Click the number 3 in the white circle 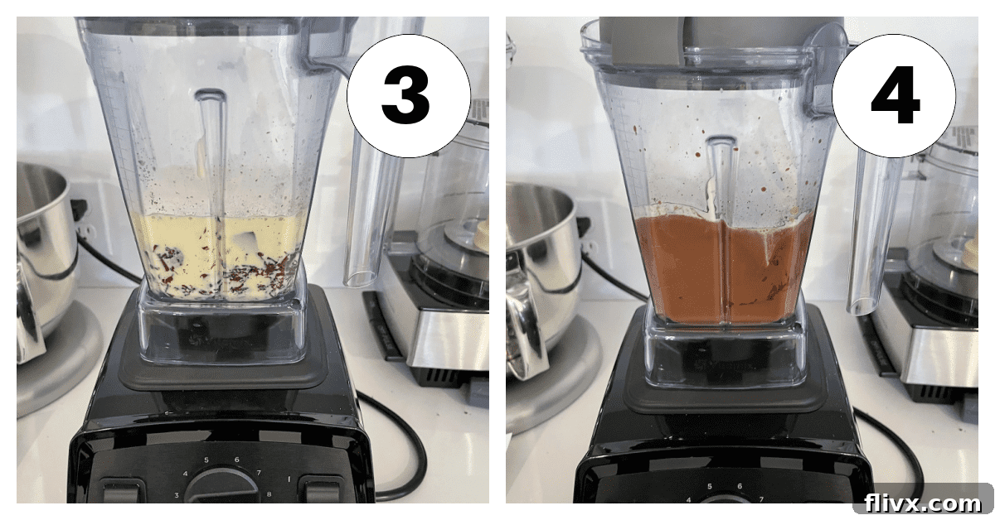(406, 98)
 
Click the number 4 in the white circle (894, 98)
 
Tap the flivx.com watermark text (922, 502)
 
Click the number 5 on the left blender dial (206, 460)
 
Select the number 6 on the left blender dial (237, 460)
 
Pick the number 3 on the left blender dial (177, 494)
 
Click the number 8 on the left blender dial (269, 494)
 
